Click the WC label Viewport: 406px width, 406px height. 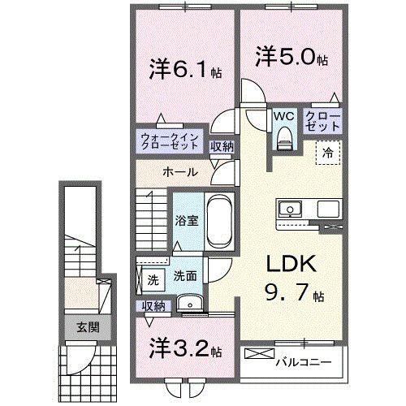[x=283, y=117]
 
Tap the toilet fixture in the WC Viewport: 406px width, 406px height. [x=283, y=139]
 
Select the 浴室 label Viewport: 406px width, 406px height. [x=188, y=220]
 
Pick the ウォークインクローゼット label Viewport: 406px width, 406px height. [x=169, y=143]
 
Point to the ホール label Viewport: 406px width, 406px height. [x=177, y=173]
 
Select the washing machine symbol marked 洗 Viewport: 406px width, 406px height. [x=153, y=280]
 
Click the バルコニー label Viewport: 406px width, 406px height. [x=301, y=359]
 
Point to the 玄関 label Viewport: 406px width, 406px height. [x=87, y=328]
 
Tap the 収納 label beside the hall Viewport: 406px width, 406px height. [x=222, y=146]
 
